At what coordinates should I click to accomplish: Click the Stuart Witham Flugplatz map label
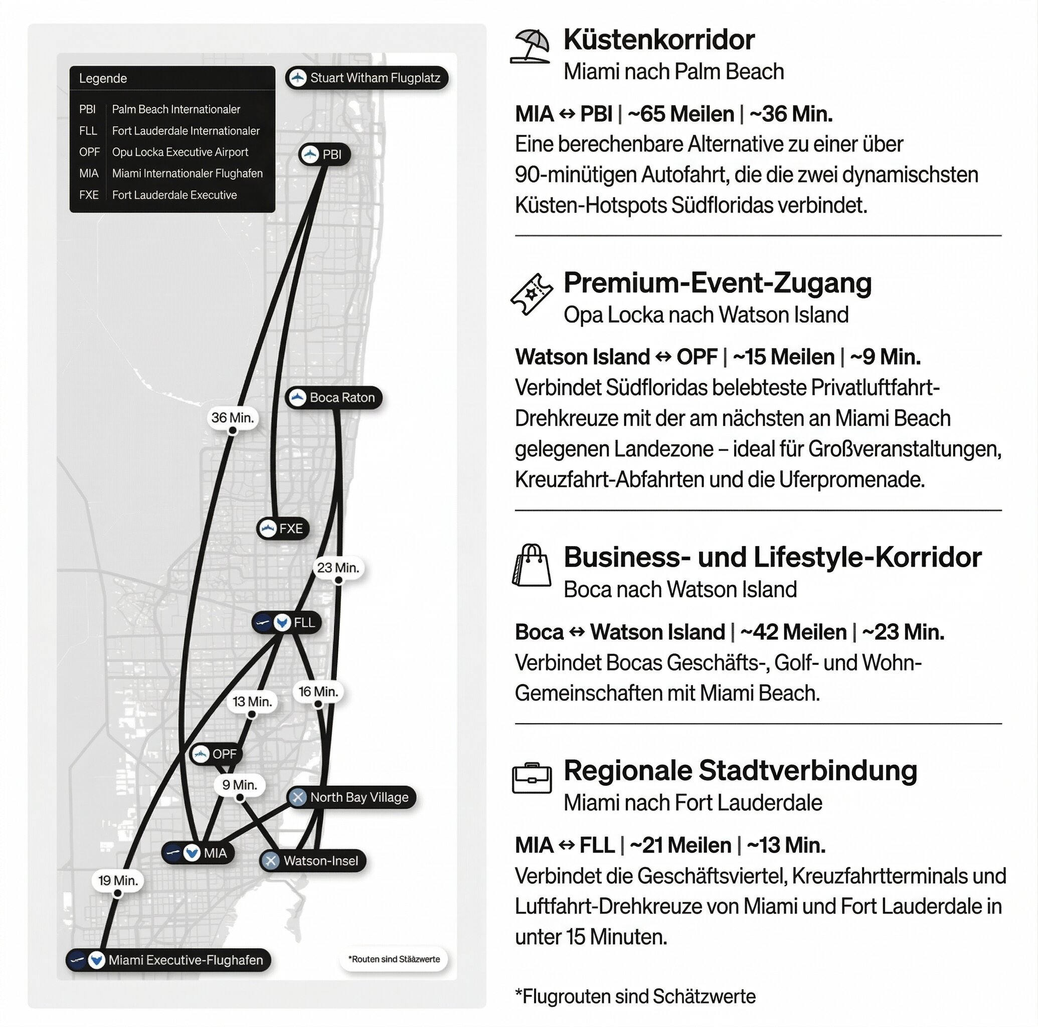tap(367, 78)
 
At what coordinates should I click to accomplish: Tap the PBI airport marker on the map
tap(324, 155)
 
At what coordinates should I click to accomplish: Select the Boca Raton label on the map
tap(333, 398)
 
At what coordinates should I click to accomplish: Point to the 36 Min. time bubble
tap(233, 418)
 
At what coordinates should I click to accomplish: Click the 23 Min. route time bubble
tap(338, 568)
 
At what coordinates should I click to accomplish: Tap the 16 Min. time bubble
tap(318, 692)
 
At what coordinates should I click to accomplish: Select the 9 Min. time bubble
tap(240, 785)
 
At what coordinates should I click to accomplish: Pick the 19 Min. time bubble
tap(118, 880)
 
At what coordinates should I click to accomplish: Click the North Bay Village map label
tap(352, 797)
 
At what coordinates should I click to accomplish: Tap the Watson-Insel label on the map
tap(313, 861)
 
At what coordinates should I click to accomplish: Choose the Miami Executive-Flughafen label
tap(168, 960)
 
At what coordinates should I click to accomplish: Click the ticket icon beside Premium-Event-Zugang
tap(532, 294)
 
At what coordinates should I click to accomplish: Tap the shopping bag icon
tap(532, 565)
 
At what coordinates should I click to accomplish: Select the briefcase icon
tap(532, 778)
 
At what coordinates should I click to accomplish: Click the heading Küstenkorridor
tap(659, 40)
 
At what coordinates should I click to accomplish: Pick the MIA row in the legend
tap(171, 174)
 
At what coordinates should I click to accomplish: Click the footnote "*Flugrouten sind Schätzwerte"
tap(635, 996)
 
